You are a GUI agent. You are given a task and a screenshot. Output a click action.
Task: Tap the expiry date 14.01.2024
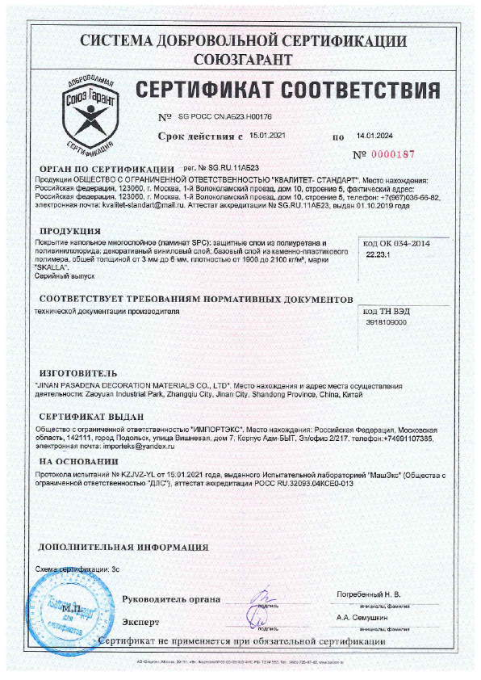374,137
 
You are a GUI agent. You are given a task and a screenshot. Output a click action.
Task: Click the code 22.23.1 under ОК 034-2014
377,254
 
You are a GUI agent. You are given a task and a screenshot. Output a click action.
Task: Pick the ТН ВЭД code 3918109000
387,321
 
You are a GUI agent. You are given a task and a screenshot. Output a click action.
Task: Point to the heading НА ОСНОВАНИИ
80,461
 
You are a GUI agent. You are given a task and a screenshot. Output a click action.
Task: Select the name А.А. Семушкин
368,616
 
